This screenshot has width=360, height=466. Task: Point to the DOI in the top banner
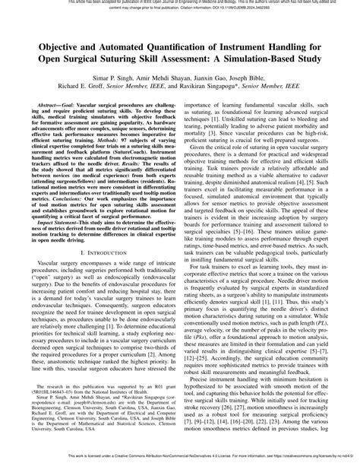pyautogui.click(x=248, y=9)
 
